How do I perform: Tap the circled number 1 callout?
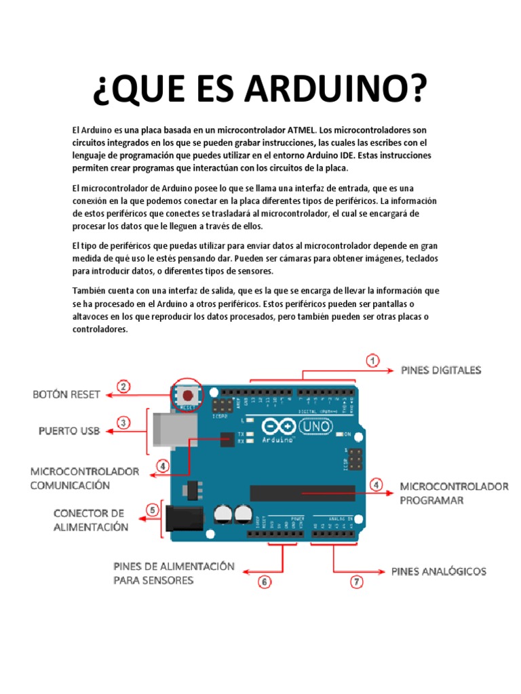(372, 361)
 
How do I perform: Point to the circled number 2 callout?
(123, 387)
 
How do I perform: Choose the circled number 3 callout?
(123, 422)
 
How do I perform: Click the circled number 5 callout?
(153, 510)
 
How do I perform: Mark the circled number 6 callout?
(265, 581)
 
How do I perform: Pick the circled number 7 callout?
(356, 581)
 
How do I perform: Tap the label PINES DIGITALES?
(441, 370)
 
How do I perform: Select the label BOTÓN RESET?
(66, 394)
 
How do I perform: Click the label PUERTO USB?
(69, 430)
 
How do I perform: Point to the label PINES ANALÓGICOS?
(439, 571)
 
